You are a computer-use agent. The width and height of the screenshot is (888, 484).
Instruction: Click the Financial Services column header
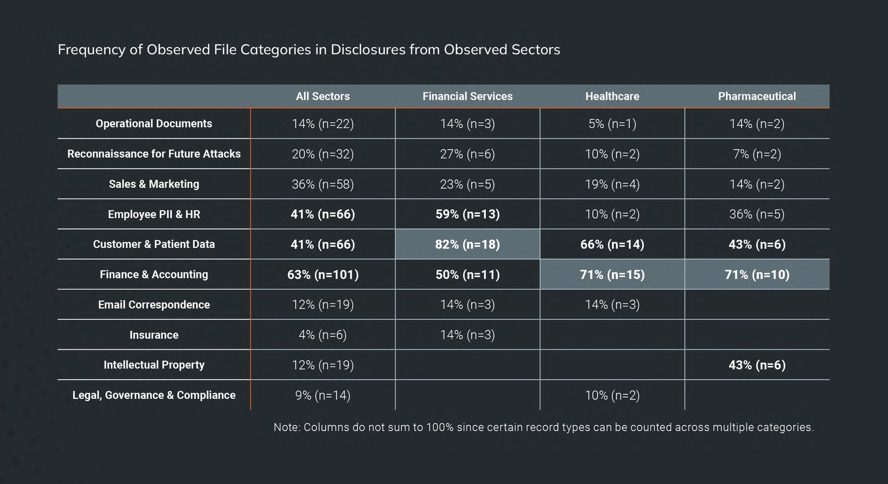[467, 96]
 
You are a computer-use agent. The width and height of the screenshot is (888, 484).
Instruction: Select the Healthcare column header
[612, 96]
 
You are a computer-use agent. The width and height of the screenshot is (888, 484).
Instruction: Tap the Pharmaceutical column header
[757, 96]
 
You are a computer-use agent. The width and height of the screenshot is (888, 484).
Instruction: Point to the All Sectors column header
[323, 96]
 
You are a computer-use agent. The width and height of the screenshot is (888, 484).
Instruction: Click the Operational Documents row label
[154, 123]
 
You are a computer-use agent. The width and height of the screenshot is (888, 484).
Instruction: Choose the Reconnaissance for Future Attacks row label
[154, 154]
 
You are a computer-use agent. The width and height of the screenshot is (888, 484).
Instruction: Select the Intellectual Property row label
[154, 365]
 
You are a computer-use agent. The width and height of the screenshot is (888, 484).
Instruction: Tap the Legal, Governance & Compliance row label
[154, 395]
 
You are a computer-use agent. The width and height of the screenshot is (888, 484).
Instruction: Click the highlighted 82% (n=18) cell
[467, 244]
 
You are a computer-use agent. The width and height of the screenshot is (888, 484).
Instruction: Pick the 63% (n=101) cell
[323, 274]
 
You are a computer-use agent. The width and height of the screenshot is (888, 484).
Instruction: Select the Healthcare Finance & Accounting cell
[612, 274]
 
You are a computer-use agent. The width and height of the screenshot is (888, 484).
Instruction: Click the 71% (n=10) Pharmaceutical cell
[757, 274]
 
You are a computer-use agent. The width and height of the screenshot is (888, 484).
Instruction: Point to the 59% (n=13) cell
[467, 214]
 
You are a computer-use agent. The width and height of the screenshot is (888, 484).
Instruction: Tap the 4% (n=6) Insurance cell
[323, 335]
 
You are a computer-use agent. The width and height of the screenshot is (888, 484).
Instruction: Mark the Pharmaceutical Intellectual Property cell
[757, 365]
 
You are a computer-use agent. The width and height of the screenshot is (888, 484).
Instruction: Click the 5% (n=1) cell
[612, 123]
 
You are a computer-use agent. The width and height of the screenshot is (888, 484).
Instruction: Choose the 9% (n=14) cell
[323, 395]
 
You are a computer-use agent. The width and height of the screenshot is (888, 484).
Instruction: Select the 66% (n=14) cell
[612, 244]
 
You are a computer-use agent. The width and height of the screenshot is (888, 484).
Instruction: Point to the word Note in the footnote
[287, 427]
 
